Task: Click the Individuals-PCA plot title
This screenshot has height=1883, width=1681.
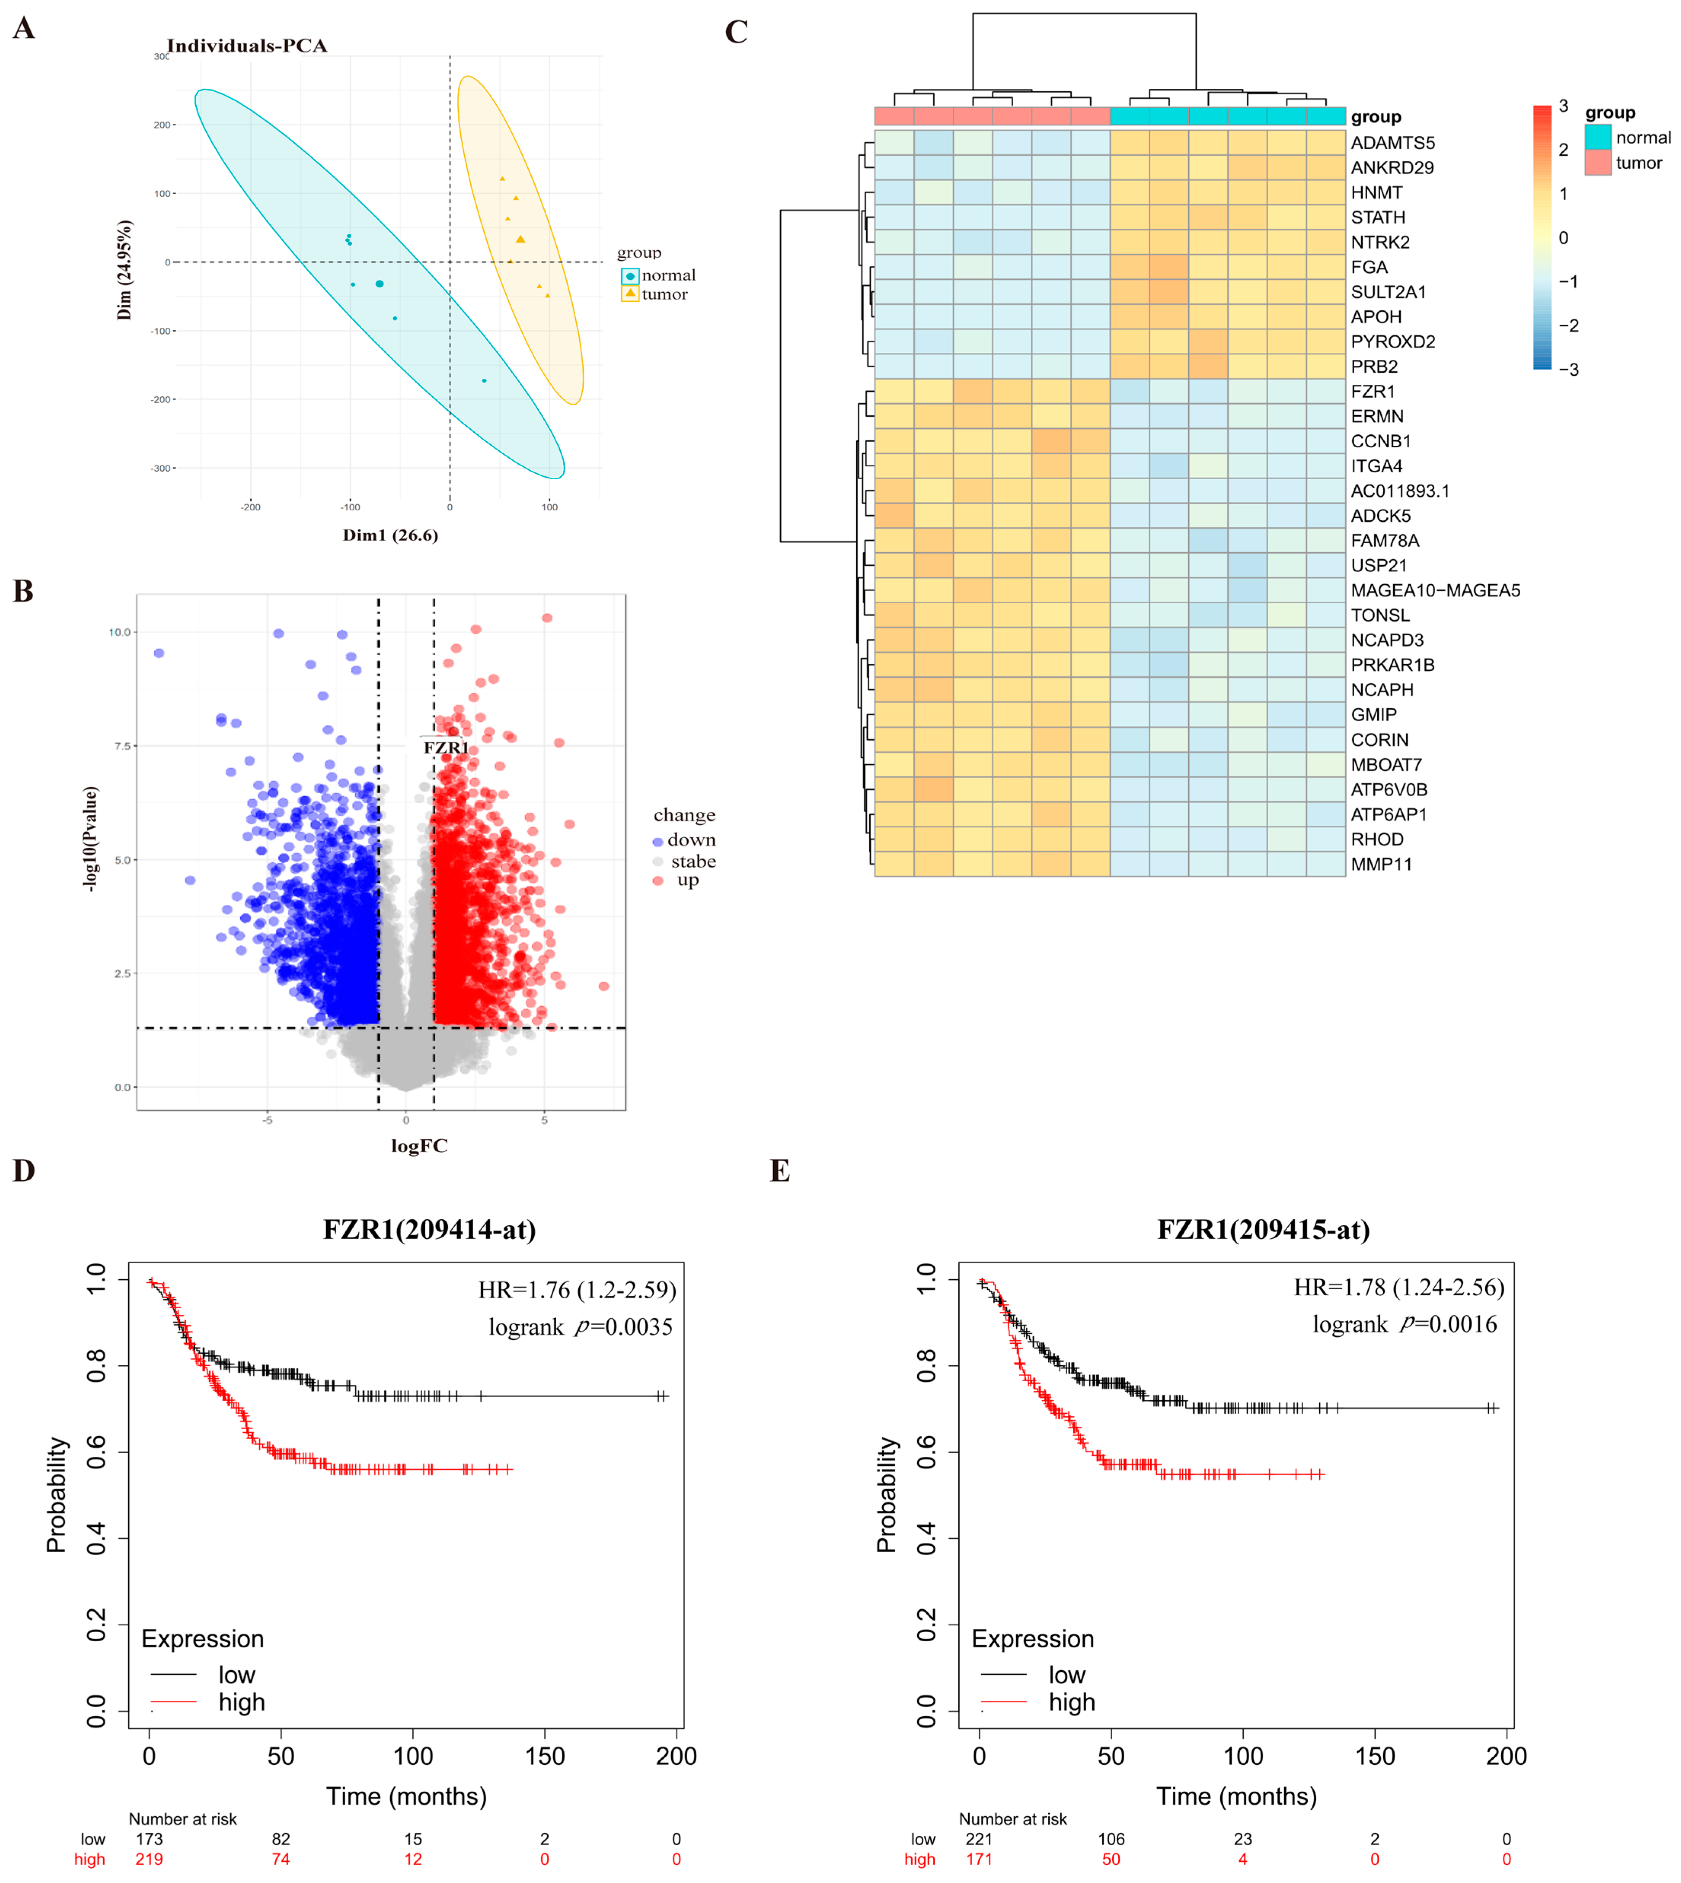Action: tap(247, 46)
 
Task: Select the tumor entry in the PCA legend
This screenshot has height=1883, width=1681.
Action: tap(664, 295)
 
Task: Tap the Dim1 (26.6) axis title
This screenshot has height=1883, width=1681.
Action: tap(390, 536)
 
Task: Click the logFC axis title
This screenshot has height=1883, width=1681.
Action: tap(419, 1146)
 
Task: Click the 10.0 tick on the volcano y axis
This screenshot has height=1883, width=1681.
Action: tap(120, 633)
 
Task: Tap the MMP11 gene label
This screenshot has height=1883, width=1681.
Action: tap(1381, 864)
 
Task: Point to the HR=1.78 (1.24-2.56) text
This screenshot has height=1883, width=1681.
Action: tap(1398, 1287)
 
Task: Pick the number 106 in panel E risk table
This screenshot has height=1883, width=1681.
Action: tap(1111, 1839)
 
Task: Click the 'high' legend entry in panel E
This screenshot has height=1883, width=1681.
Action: tap(1071, 1702)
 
